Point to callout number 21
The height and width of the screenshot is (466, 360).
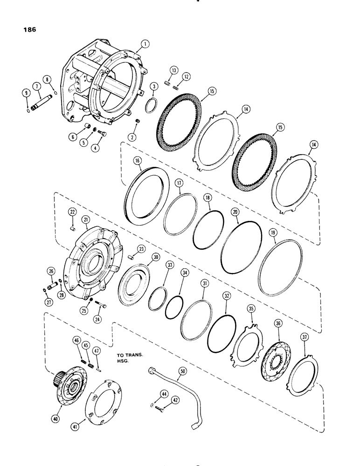[x=87, y=218]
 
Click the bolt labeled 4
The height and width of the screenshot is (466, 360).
[x=103, y=134]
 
